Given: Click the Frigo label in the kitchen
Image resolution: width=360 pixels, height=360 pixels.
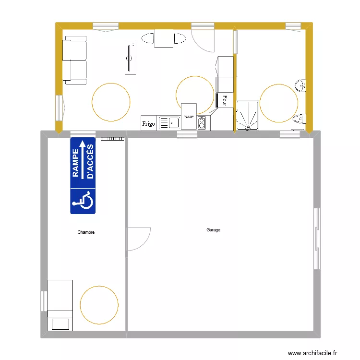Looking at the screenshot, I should click(x=148, y=124).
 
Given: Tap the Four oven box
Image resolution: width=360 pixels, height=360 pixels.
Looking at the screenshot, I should click(x=225, y=100).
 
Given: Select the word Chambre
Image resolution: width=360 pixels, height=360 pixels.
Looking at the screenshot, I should click(x=86, y=232).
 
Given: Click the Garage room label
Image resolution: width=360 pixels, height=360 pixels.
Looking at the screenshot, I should click(x=213, y=230).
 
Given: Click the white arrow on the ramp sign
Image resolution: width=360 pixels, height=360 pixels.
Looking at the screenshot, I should click(x=82, y=158).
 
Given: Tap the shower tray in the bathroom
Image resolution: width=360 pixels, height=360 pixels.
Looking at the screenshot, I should click(x=247, y=115).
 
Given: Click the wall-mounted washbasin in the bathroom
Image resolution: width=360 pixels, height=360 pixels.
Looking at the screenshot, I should click(x=302, y=86).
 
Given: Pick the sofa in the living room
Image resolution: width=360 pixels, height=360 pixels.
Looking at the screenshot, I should click(x=75, y=61).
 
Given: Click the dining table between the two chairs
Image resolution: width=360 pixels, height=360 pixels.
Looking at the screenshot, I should click(x=164, y=38).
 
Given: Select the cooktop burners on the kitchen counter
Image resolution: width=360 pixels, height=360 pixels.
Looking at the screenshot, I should click(x=202, y=123).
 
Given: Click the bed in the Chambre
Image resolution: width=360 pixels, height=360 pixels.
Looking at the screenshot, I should click(x=60, y=305).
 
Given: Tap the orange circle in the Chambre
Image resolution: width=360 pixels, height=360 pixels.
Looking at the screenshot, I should click(x=99, y=305).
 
